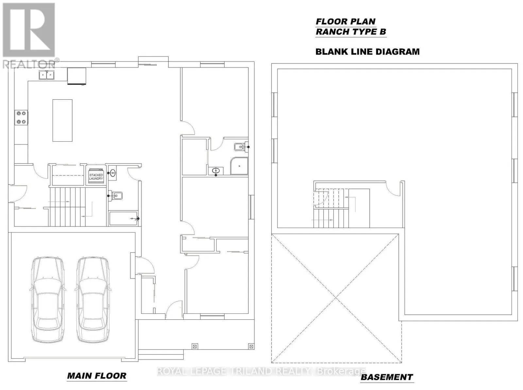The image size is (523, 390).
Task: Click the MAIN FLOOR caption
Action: (96, 376)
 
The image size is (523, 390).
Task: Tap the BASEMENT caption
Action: (387, 377)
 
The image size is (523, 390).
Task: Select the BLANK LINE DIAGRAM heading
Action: (367, 52)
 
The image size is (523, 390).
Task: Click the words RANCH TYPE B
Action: (351, 31)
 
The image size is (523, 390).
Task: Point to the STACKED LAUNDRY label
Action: (96, 177)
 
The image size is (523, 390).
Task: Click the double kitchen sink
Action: (46, 75)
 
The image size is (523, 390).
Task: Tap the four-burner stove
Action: (21, 117)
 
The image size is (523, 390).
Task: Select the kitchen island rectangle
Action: (62, 121)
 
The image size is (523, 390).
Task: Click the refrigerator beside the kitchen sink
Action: (76, 76)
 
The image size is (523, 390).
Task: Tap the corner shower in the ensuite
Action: (239, 166)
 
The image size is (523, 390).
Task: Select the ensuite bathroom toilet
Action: (240, 147)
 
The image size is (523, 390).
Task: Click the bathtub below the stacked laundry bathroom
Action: (124, 218)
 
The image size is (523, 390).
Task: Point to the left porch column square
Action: (195, 347)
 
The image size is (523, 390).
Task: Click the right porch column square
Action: (251, 347)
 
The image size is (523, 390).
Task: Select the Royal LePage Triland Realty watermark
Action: (261, 371)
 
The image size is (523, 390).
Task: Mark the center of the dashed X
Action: (336, 298)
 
